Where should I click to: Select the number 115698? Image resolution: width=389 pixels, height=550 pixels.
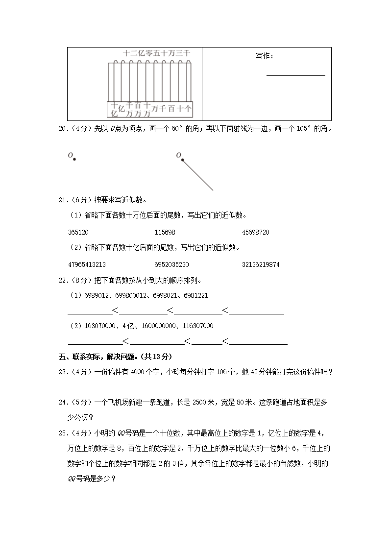tap(165, 232)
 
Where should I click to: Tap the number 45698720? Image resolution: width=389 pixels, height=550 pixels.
tap(255, 232)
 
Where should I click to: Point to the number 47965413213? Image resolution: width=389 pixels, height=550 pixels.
tap(87, 264)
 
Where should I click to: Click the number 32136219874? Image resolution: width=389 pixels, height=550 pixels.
tap(261, 264)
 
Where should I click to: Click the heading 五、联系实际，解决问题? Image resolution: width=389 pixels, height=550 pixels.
tap(115, 356)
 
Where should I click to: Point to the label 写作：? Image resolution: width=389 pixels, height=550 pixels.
tap(265, 56)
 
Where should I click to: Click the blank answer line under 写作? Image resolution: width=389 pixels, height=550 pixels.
tap(295, 75)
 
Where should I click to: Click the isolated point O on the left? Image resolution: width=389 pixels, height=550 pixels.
tap(74, 158)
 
